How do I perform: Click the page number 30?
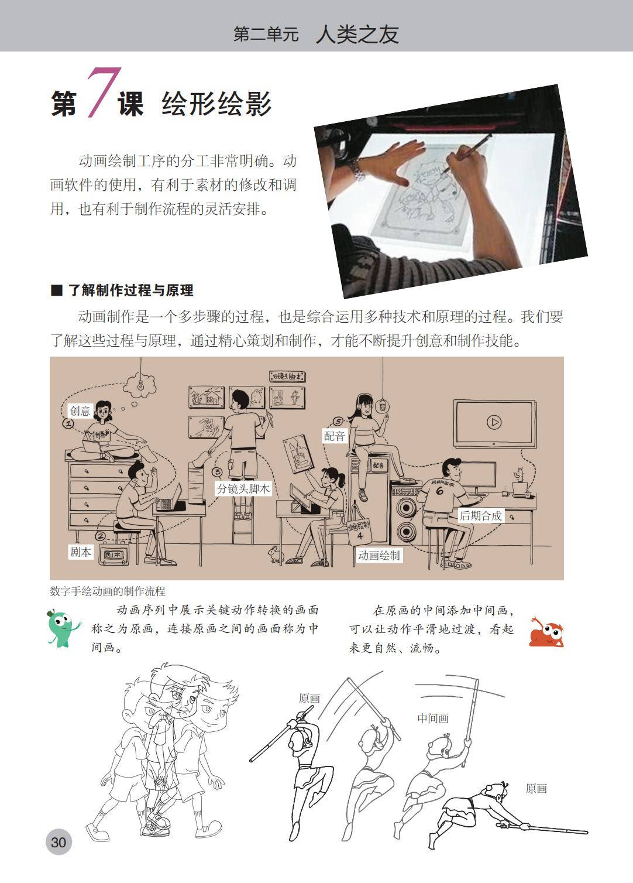(x=59, y=841)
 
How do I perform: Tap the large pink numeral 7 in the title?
(x=103, y=93)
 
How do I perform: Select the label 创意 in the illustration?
(x=80, y=410)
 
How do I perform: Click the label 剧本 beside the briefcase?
(x=80, y=552)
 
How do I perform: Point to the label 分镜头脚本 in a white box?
(x=243, y=489)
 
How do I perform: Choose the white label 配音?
(x=334, y=436)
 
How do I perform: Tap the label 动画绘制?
(x=379, y=556)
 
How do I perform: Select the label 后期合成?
(x=480, y=516)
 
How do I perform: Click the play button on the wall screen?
(x=494, y=422)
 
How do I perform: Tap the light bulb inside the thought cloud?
(x=139, y=384)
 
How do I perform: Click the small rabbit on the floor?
(x=276, y=553)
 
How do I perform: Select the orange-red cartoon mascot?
(x=546, y=632)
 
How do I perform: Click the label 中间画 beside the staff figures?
(x=433, y=718)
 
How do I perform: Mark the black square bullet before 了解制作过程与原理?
(x=57, y=290)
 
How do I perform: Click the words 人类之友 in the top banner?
(x=357, y=35)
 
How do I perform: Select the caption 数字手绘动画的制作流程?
(x=108, y=591)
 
